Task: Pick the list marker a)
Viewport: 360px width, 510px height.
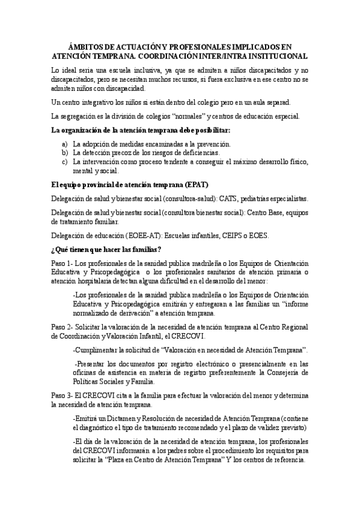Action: pos(65,144)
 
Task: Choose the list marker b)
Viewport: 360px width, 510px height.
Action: pos(65,153)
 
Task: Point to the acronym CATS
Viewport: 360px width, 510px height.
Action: pos(229,198)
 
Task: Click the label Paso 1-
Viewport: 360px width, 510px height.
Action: pos(64,264)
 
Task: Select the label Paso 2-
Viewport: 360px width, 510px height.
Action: pos(64,325)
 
